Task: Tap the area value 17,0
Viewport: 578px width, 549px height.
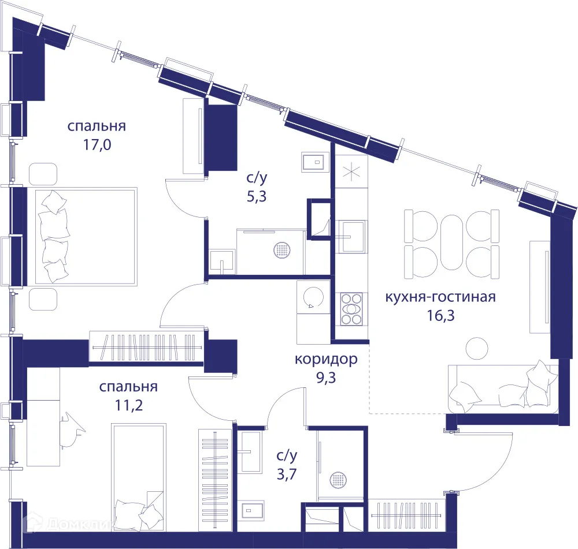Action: (x=97, y=144)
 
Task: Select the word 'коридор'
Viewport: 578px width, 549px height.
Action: (x=326, y=359)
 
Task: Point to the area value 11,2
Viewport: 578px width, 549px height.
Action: (x=128, y=404)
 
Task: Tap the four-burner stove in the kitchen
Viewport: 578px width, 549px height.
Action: (x=351, y=309)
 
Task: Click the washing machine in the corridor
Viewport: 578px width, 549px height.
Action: (x=313, y=298)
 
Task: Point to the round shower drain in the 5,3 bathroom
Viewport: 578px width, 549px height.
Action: (x=282, y=250)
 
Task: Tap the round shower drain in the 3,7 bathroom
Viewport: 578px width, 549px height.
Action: (x=337, y=479)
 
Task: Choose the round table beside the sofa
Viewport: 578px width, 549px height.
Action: (x=477, y=348)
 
